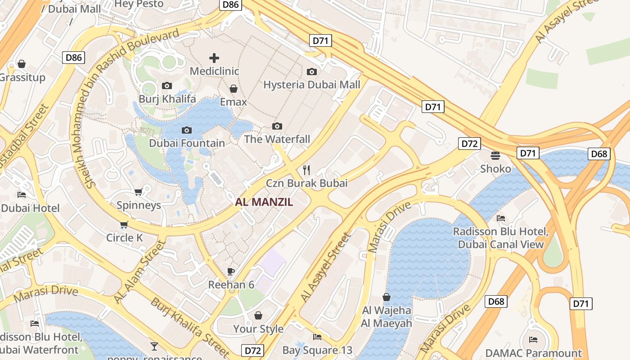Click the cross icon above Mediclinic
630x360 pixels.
point(214,58)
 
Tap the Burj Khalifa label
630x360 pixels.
point(167,99)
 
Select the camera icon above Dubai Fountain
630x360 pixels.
point(186,130)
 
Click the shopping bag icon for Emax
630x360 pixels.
point(233,89)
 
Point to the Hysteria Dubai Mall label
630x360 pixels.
point(311,85)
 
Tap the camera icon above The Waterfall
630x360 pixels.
point(277,126)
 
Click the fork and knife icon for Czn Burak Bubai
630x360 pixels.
point(306,170)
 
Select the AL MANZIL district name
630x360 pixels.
point(264,202)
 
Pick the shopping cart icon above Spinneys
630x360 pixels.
point(138,192)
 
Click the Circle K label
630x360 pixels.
point(124,237)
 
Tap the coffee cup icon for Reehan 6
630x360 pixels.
point(231,271)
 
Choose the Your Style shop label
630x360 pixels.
point(258,328)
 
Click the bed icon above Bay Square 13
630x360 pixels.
point(317,337)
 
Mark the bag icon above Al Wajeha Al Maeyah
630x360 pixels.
point(386,297)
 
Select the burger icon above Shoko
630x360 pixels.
point(495,156)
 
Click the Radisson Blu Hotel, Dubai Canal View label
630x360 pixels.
point(501,238)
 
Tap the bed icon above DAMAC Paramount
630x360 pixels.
point(533,340)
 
